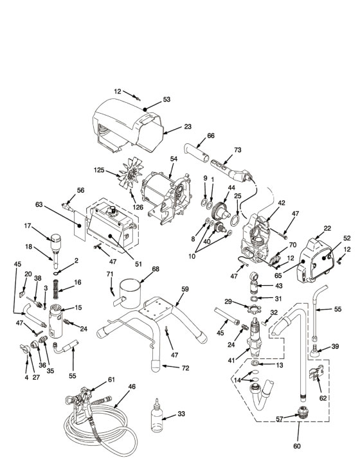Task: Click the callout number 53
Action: tap(166, 99)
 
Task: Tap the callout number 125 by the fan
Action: tap(99, 170)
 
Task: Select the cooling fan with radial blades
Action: tap(131, 176)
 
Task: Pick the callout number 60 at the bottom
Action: tap(297, 446)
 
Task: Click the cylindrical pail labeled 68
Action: tap(130, 293)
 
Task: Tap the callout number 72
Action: tap(185, 368)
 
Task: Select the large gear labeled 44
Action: tap(221, 211)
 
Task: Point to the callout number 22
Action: tap(327, 229)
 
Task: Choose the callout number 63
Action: tap(39, 205)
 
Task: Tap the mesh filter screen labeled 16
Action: tap(55, 289)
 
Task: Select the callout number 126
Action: tap(138, 207)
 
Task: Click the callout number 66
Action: tap(211, 136)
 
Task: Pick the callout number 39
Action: tap(335, 346)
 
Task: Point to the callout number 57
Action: tap(279, 419)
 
